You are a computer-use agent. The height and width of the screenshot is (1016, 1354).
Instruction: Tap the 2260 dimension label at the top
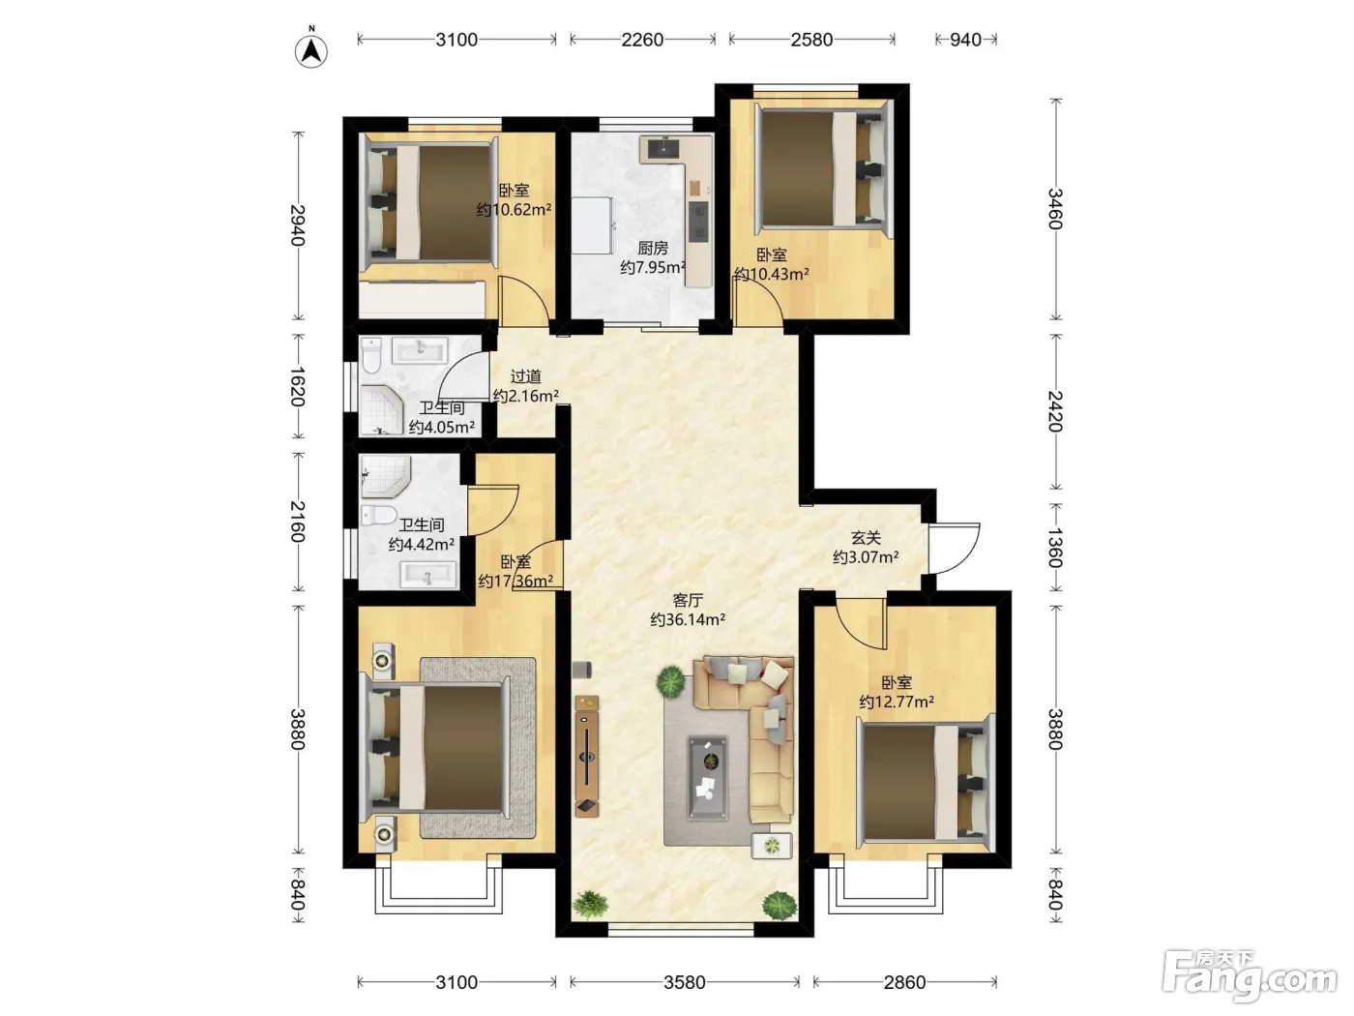pyautogui.click(x=642, y=40)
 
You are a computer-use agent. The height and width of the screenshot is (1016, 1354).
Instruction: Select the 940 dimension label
pyautogui.click(x=965, y=40)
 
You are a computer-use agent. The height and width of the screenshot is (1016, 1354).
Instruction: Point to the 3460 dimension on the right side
pyautogui.click(x=1055, y=209)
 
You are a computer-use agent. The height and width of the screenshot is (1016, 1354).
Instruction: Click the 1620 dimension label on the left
pyautogui.click(x=298, y=387)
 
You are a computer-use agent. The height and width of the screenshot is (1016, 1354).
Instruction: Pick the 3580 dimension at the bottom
pyautogui.click(x=684, y=982)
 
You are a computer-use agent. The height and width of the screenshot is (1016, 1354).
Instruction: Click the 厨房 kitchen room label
pyautogui.click(x=653, y=248)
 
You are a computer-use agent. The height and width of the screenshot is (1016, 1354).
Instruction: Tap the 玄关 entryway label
pyautogui.click(x=866, y=538)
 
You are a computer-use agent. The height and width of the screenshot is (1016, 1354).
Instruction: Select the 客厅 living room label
pyautogui.click(x=688, y=600)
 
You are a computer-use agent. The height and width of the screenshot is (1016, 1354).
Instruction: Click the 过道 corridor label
pyautogui.click(x=525, y=376)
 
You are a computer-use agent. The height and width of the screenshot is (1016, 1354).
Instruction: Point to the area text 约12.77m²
pyautogui.click(x=897, y=702)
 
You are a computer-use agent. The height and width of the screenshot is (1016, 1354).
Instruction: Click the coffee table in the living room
pyautogui.click(x=708, y=779)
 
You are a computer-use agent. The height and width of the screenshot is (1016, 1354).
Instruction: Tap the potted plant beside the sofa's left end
pyautogui.click(x=670, y=682)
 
